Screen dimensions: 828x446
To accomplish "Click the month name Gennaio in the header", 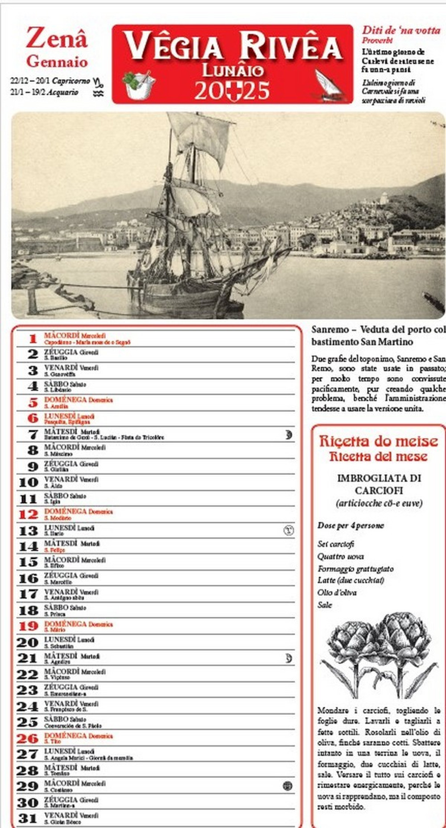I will click(57, 61).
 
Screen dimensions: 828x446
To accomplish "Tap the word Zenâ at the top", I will click(56, 38).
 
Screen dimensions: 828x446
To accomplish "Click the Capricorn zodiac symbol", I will click(99, 82).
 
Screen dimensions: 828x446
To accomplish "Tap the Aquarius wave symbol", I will click(98, 93).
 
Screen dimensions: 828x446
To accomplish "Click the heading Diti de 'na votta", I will click(401, 30).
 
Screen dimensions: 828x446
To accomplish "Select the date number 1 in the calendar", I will click(33, 339).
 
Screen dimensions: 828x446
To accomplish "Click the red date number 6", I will click(33, 418).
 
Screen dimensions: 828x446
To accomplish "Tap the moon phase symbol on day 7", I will click(289, 434).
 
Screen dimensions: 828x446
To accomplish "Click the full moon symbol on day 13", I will click(289, 530).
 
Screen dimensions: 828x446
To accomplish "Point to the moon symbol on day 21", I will click(289, 658).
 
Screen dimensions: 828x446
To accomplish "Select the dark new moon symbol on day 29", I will click(288, 786).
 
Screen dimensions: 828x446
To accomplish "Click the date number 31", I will click(28, 818).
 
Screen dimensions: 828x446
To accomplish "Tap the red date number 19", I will click(28, 626).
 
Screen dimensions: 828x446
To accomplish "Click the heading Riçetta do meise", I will click(378, 441).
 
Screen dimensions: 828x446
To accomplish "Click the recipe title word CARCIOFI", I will click(379, 491).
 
